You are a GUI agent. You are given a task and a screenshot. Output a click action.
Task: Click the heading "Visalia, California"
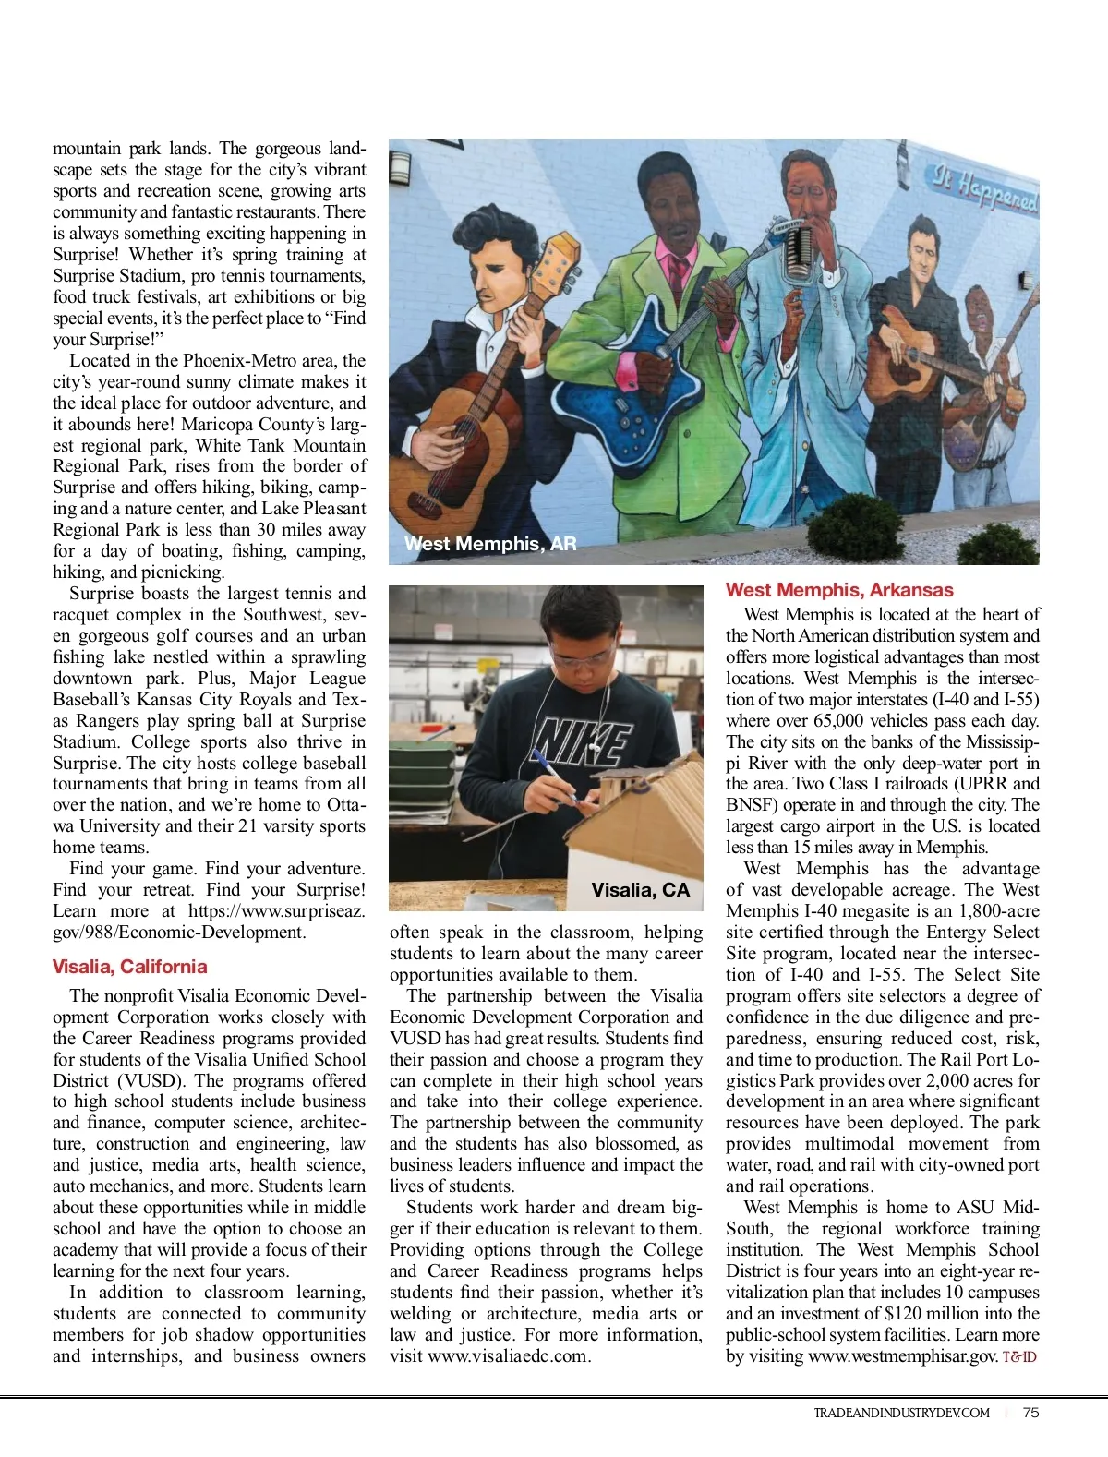[x=129, y=967]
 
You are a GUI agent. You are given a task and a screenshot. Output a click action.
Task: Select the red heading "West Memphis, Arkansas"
[x=839, y=590]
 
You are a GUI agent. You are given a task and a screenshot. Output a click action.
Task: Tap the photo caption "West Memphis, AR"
[x=490, y=544]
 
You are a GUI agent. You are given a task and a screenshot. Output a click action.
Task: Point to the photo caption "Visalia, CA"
[x=640, y=890]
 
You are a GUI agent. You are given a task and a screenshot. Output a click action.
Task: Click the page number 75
[x=1030, y=1413]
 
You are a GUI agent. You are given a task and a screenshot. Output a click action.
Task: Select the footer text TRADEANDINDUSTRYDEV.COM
[x=901, y=1413]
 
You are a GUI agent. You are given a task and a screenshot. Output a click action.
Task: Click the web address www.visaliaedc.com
[x=507, y=1356]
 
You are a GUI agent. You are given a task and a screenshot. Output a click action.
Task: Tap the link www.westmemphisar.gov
[x=902, y=1356]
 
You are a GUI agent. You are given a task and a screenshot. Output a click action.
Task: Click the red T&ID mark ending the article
[x=1019, y=1357]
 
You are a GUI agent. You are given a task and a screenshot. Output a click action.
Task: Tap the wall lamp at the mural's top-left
[x=400, y=166]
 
